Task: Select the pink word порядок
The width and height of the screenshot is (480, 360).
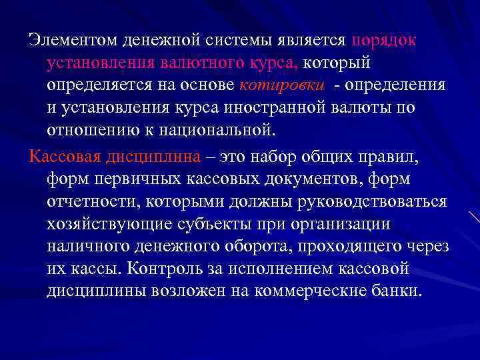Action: [x=385, y=39]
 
